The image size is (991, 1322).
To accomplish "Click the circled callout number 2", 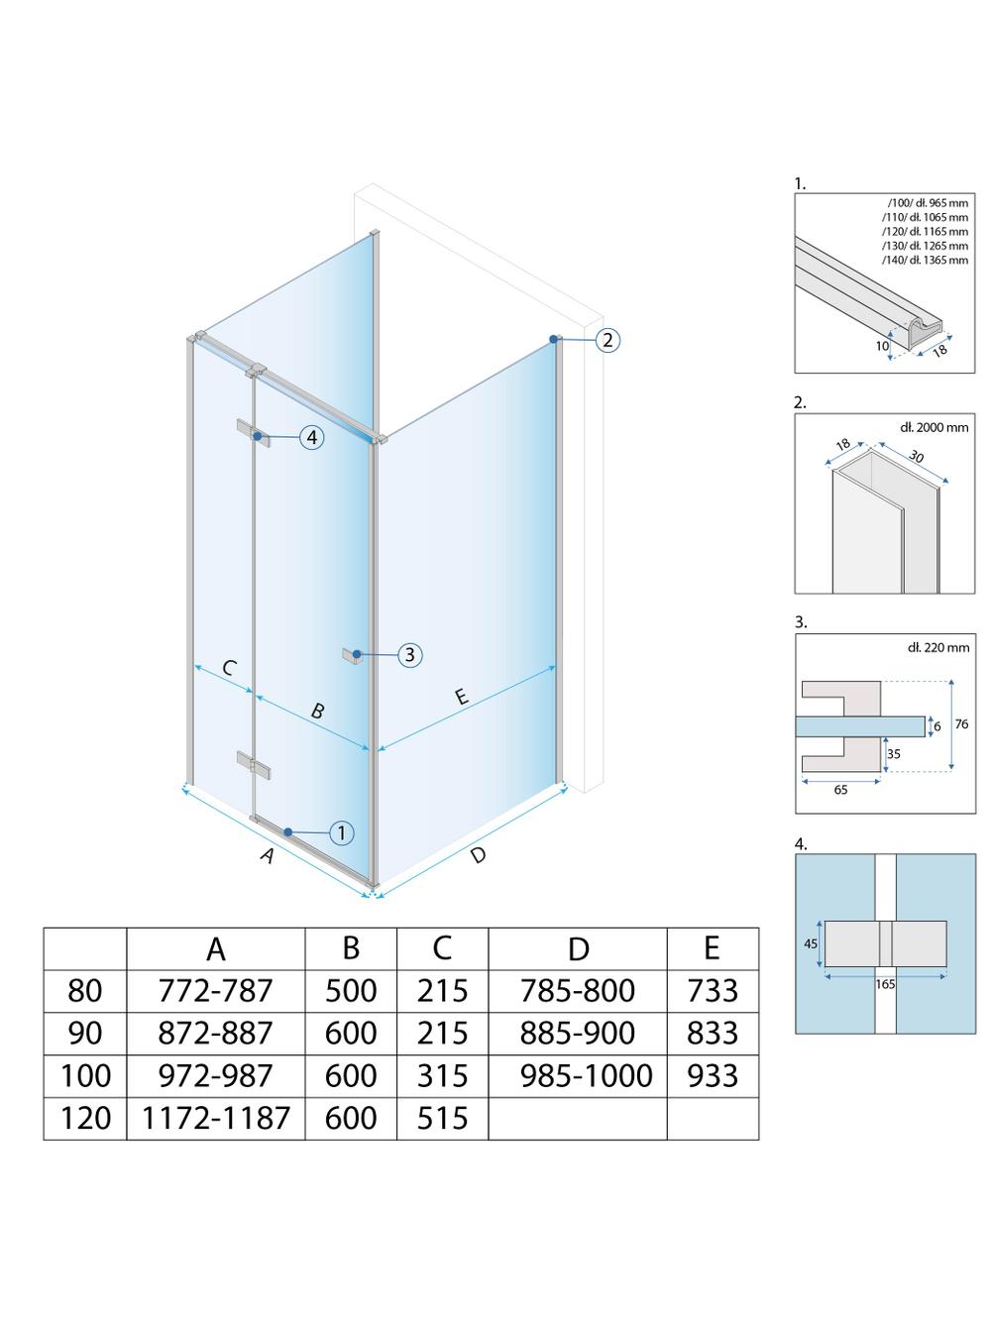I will click(607, 340).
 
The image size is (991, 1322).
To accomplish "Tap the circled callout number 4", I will click(311, 437).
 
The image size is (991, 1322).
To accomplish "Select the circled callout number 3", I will click(409, 655).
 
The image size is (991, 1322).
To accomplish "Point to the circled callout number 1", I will click(341, 833).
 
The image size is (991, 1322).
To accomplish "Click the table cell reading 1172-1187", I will click(216, 1118).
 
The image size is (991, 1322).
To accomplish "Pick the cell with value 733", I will click(713, 990).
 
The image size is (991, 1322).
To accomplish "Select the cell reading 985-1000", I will click(586, 1075).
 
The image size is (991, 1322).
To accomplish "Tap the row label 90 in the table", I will click(85, 1033).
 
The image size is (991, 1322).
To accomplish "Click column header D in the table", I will click(578, 948).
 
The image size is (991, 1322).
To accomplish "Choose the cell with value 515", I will click(442, 1118).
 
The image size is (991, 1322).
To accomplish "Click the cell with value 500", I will click(351, 990).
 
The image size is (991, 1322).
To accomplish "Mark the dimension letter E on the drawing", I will click(461, 698).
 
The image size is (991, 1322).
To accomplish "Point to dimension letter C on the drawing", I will click(229, 668).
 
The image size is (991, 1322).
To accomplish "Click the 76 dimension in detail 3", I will click(961, 724).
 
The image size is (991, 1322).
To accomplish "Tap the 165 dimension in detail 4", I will click(885, 984).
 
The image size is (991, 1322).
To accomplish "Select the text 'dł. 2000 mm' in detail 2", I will click(934, 427).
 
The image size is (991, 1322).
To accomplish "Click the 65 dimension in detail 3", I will click(840, 790).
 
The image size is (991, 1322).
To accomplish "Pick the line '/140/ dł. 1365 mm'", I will click(927, 260).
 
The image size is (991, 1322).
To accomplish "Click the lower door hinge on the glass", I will click(252, 763).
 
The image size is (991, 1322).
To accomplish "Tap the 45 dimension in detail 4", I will click(810, 943).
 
